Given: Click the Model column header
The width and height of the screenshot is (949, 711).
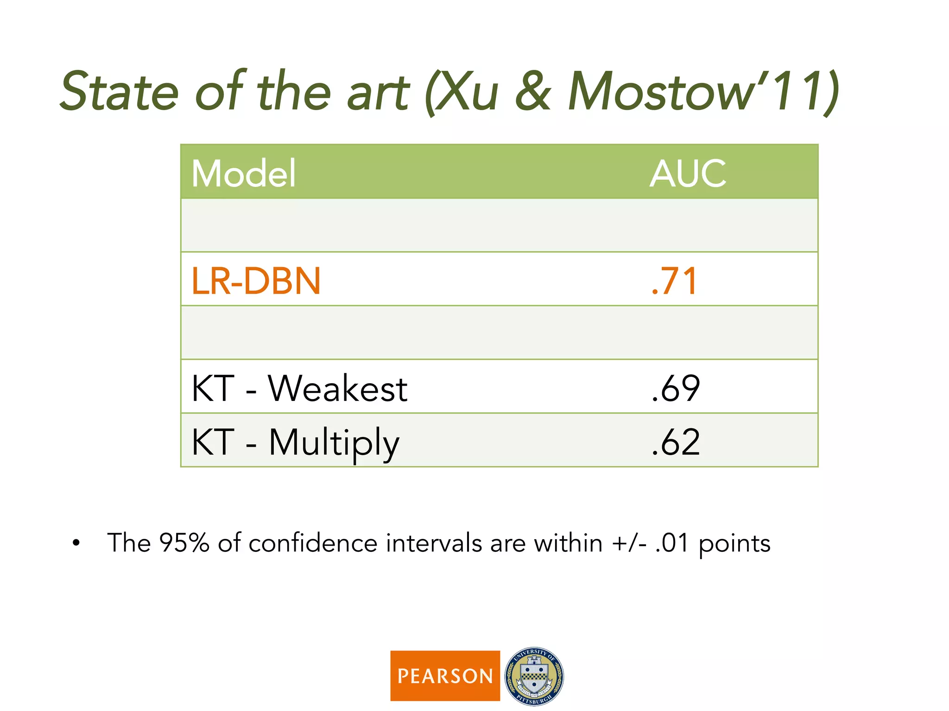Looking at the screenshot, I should (243, 173).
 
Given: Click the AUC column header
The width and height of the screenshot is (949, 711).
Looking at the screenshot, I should (688, 173).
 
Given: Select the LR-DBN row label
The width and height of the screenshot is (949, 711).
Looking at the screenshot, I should (256, 281).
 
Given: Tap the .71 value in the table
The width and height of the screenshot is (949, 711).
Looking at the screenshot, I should (674, 281).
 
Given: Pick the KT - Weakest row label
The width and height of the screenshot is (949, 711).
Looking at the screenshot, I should (299, 388).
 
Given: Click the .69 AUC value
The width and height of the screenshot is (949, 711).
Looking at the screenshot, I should (676, 388).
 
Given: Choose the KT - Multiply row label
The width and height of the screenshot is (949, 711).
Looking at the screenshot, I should (295, 442).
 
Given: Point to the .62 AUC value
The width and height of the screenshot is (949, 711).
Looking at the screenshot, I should (676, 442).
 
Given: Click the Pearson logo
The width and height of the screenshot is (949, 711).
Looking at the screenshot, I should (445, 676).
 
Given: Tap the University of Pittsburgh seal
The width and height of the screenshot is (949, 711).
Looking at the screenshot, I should (534, 676).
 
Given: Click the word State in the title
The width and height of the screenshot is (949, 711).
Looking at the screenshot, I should (120, 92).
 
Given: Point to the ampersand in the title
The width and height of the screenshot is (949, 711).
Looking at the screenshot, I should (533, 92).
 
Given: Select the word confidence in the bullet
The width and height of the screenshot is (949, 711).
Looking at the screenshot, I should (313, 543).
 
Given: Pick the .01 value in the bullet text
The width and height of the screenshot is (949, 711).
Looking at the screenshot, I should (672, 543).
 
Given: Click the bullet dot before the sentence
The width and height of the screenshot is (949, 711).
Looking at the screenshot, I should (76, 543).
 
